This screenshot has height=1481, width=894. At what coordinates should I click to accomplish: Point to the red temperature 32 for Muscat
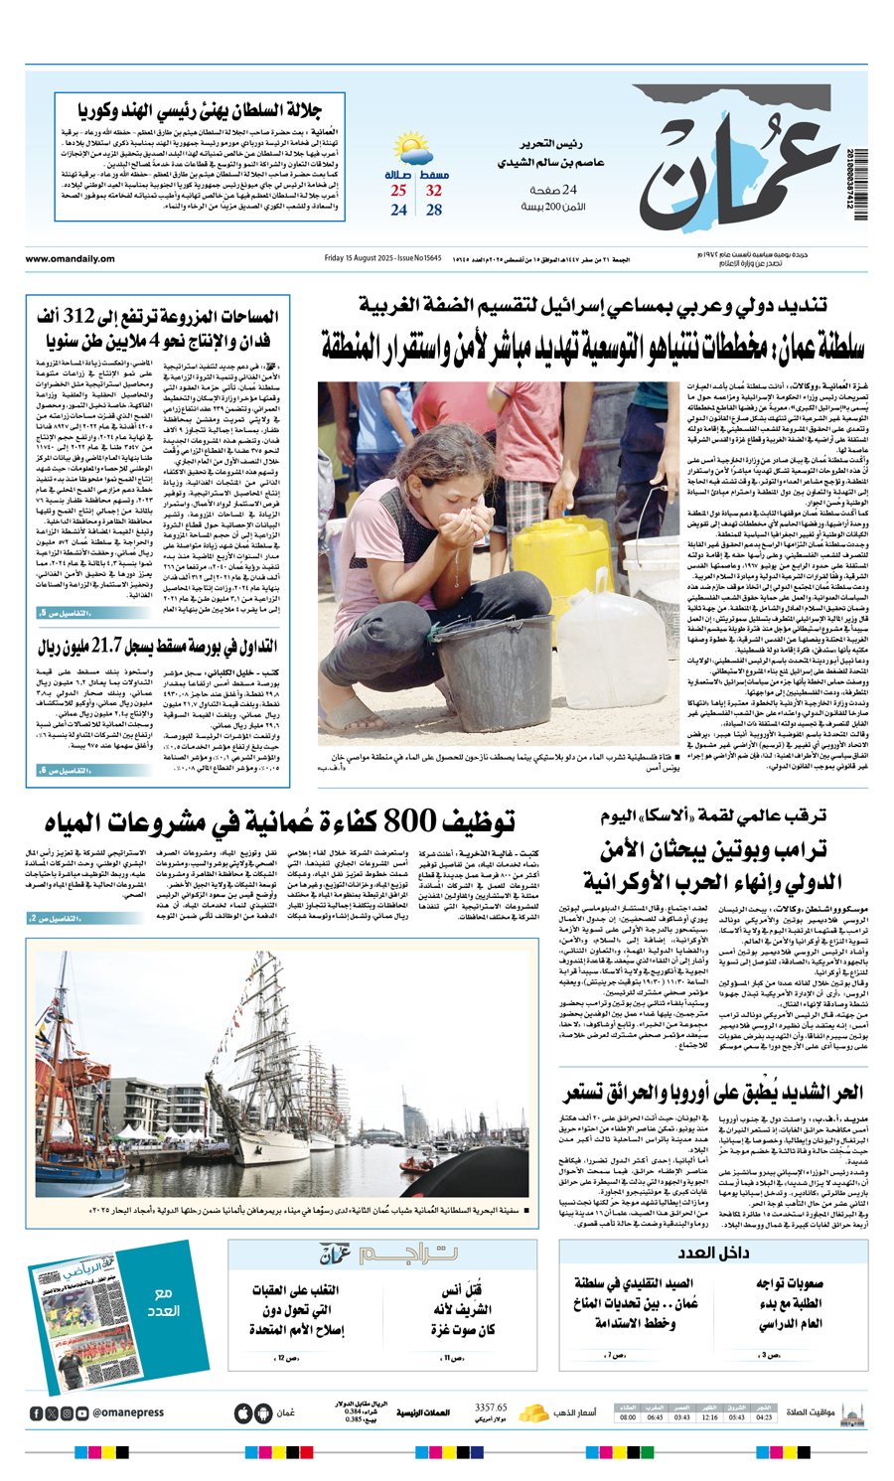pyautogui.click(x=434, y=191)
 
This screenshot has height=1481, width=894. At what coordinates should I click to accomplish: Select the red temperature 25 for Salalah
pyautogui.click(x=398, y=191)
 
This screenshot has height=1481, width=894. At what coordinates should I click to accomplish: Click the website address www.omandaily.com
pyautogui.click(x=70, y=259)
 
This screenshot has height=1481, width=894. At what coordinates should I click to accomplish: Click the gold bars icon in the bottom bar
pyautogui.click(x=534, y=1411)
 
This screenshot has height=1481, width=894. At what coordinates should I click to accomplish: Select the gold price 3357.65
pyautogui.click(x=491, y=1407)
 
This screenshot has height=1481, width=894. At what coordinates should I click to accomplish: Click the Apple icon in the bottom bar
pyautogui.click(x=242, y=1412)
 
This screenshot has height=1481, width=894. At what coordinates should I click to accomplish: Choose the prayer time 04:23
pyautogui.click(x=764, y=1417)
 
